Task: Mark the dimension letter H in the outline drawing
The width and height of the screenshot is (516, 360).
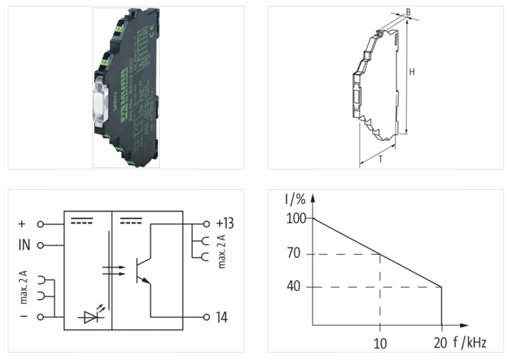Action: pos(412,73)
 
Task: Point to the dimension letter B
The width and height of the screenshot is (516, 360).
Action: pos(409,12)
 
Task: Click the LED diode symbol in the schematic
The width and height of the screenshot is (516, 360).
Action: pos(90,316)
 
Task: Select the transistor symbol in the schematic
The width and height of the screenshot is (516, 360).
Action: pos(143,272)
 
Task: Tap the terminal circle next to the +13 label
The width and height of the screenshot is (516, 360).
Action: pos(206,224)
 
